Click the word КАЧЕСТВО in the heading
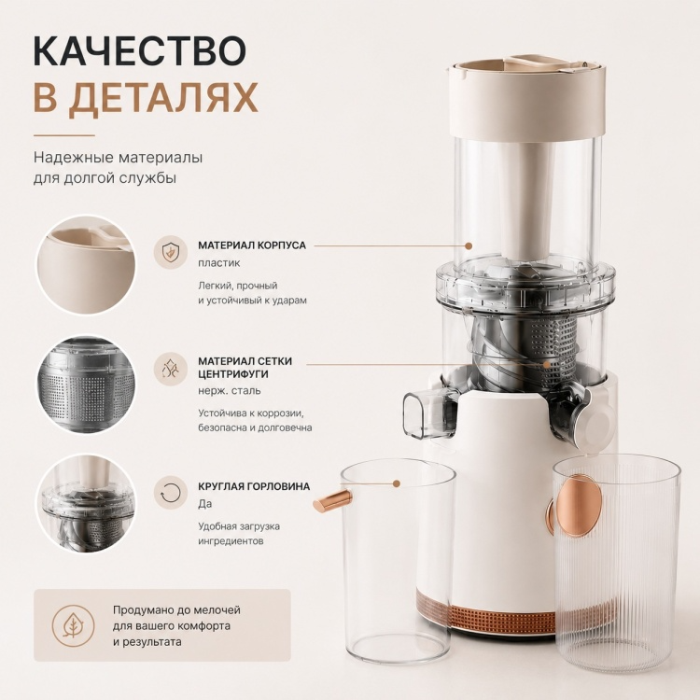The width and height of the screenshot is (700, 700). [x=140, y=50]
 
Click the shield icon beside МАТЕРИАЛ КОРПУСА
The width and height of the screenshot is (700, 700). [x=170, y=252]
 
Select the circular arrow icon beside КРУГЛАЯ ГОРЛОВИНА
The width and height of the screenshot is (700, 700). [x=170, y=493]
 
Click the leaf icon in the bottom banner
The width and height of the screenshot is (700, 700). [x=73, y=625]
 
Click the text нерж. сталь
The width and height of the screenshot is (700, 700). [x=230, y=391]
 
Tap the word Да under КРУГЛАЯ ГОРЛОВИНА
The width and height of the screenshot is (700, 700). [x=205, y=504]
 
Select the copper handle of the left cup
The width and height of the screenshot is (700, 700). [x=332, y=501]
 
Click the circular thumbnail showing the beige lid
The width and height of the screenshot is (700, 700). [x=86, y=265]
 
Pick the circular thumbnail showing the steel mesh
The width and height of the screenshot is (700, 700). [x=86, y=385]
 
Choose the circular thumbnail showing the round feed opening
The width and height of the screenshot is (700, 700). [x=86, y=504]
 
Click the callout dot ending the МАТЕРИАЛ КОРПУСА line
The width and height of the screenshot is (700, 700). [x=469, y=245]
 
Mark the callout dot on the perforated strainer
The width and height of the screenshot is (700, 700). [x=546, y=364]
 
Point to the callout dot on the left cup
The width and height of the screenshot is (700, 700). [x=396, y=483]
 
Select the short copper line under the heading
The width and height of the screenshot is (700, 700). [x=64, y=135]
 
